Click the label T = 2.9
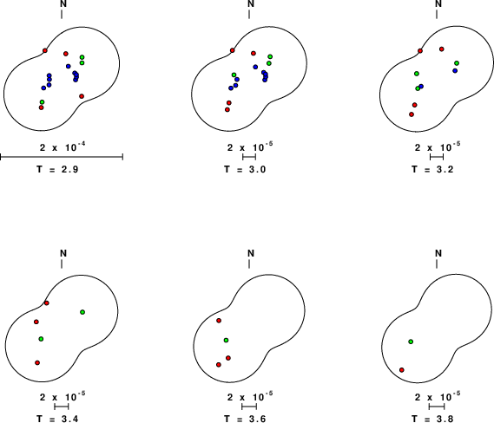(x=57, y=170)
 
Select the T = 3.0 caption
(x=245, y=170)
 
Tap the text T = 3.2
(x=432, y=170)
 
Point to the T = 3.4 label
(x=57, y=419)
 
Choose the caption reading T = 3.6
(x=245, y=419)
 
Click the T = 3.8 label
(x=432, y=419)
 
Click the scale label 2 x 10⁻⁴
(x=63, y=146)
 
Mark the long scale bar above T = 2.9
(x=62, y=157)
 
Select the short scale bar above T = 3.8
(x=437, y=407)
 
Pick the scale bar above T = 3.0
(x=249, y=157)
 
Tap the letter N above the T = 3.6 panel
(x=251, y=253)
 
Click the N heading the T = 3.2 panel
(x=438, y=3)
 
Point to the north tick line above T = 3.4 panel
(x=62, y=264)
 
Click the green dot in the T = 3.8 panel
(x=411, y=342)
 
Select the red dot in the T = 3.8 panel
(x=402, y=370)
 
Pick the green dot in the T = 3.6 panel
(x=226, y=341)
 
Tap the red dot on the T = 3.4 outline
(x=47, y=303)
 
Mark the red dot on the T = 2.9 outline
(x=45, y=50)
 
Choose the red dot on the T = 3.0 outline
(x=233, y=50)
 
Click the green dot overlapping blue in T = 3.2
(x=418, y=88)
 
